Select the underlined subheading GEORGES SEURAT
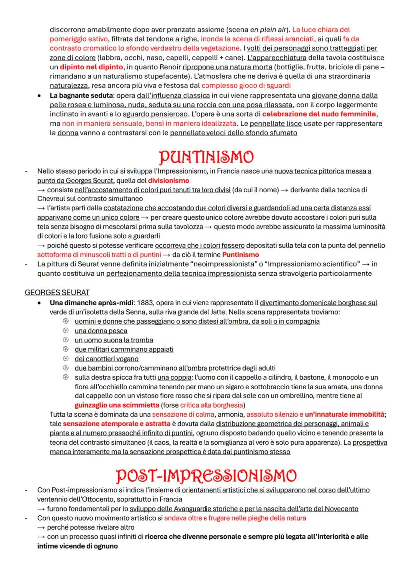click(57, 292)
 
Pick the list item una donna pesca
click(101, 331)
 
